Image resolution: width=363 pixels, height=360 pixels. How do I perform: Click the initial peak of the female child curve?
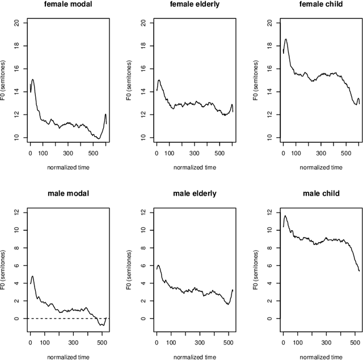(x=286, y=40)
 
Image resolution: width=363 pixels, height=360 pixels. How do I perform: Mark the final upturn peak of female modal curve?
(x=105, y=115)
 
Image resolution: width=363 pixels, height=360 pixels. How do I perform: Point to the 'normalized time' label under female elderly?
(x=194, y=167)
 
